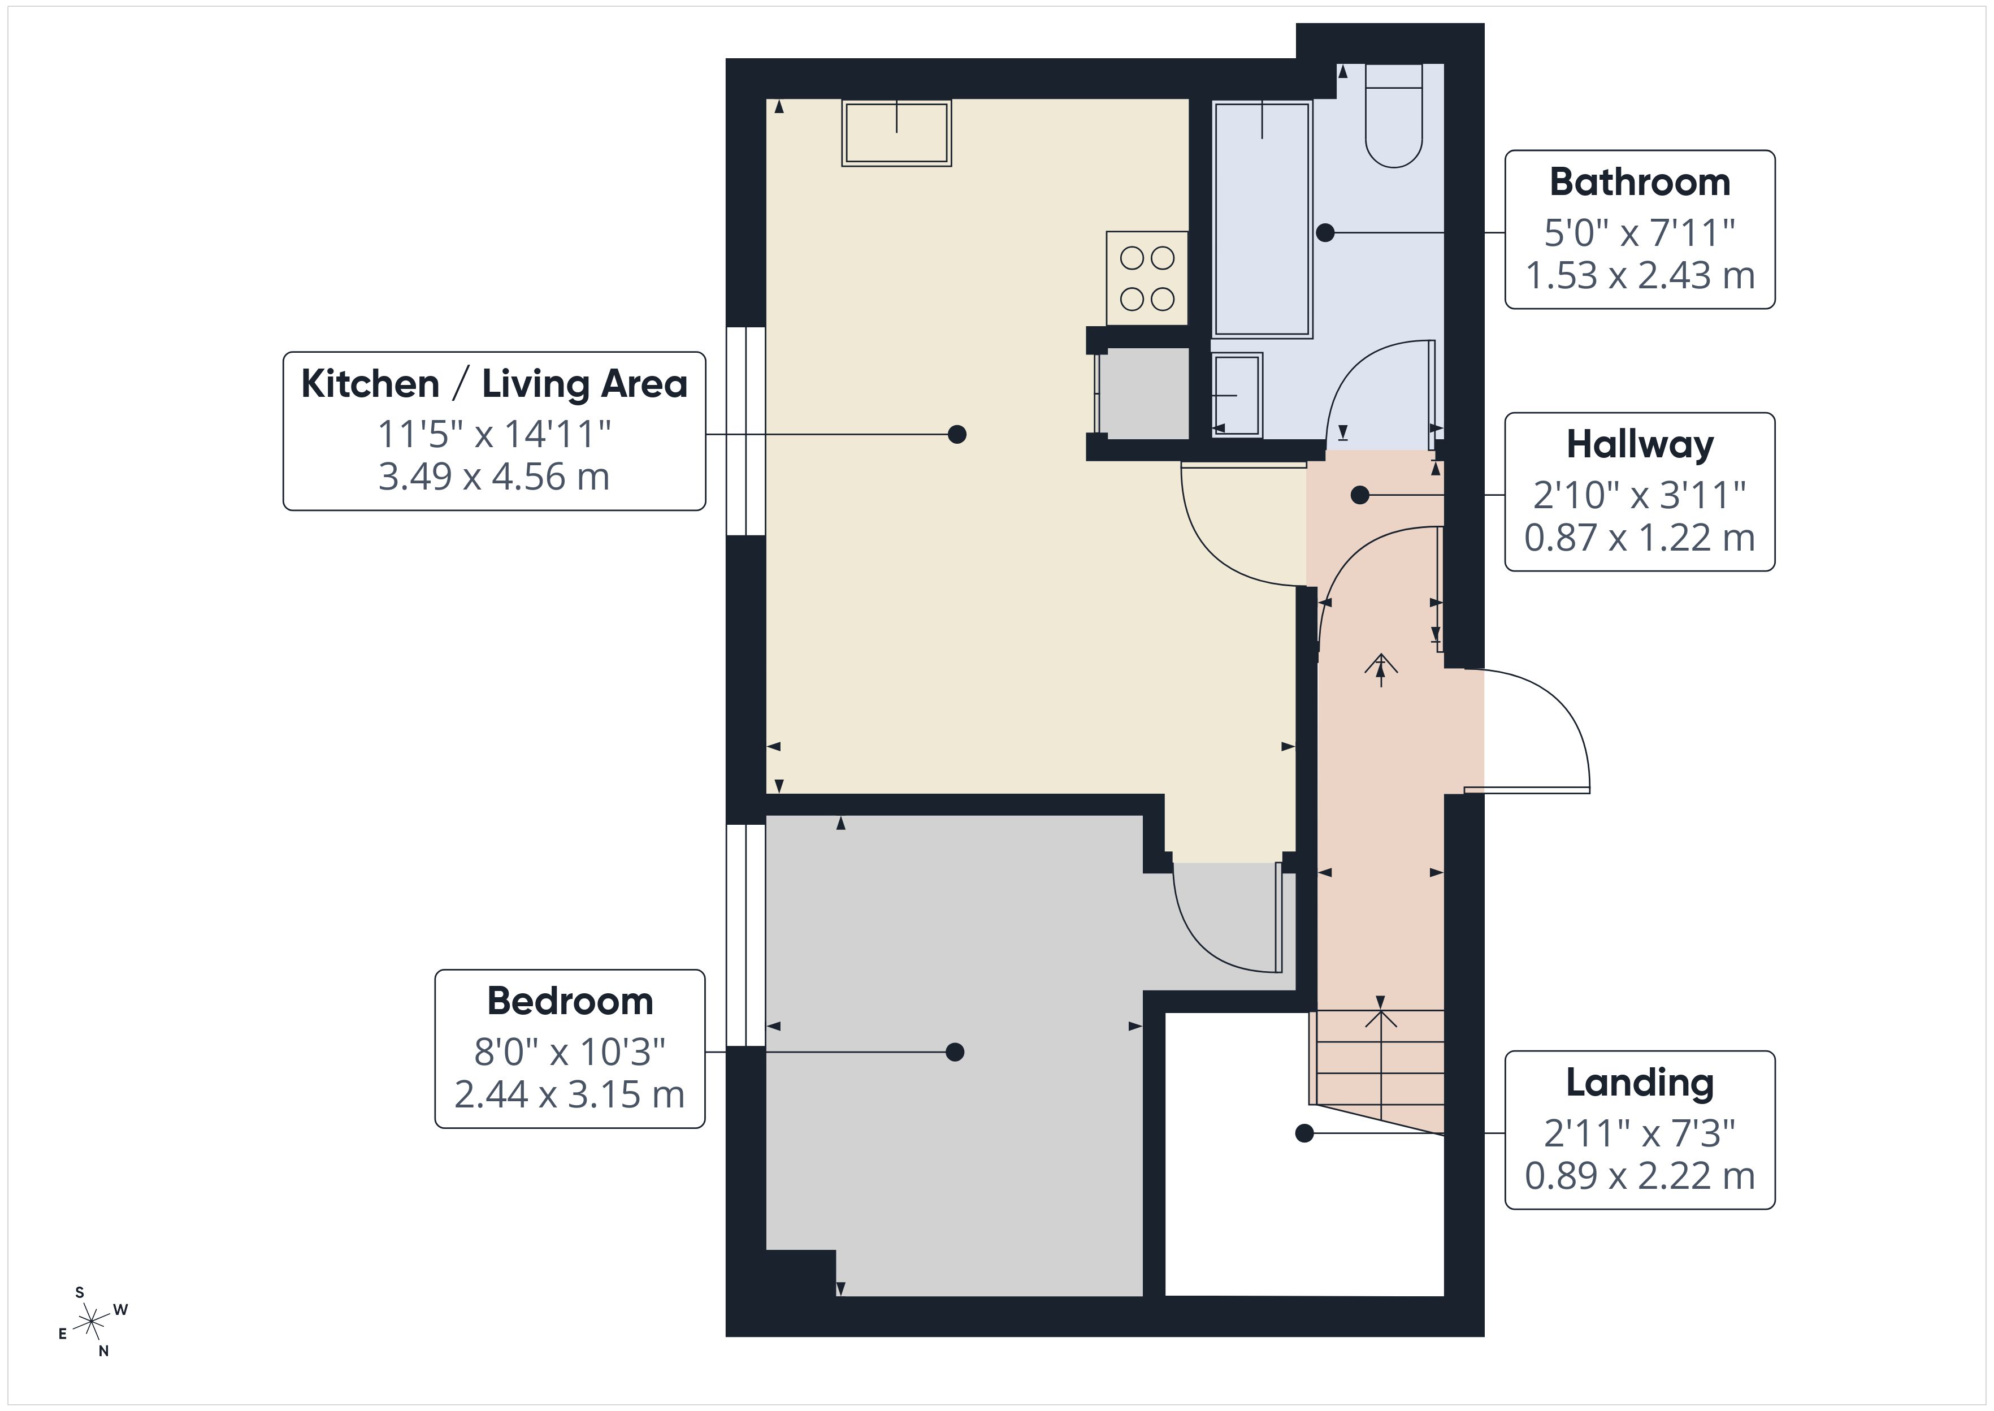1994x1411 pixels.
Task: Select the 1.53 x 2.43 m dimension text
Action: coord(1639,275)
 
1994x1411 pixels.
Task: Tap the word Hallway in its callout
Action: coord(1639,445)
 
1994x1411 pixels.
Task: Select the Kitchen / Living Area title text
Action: coord(493,384)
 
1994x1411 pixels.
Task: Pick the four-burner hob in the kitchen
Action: coord(1146,278)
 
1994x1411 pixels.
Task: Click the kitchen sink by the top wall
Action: coord(896,133)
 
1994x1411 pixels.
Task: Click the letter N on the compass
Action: coord(103,1351)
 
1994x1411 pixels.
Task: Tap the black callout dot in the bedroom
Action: coord(955,1052)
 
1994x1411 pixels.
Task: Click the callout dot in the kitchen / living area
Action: coord(956,434)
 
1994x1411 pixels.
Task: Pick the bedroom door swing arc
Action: coord(1216,930)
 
